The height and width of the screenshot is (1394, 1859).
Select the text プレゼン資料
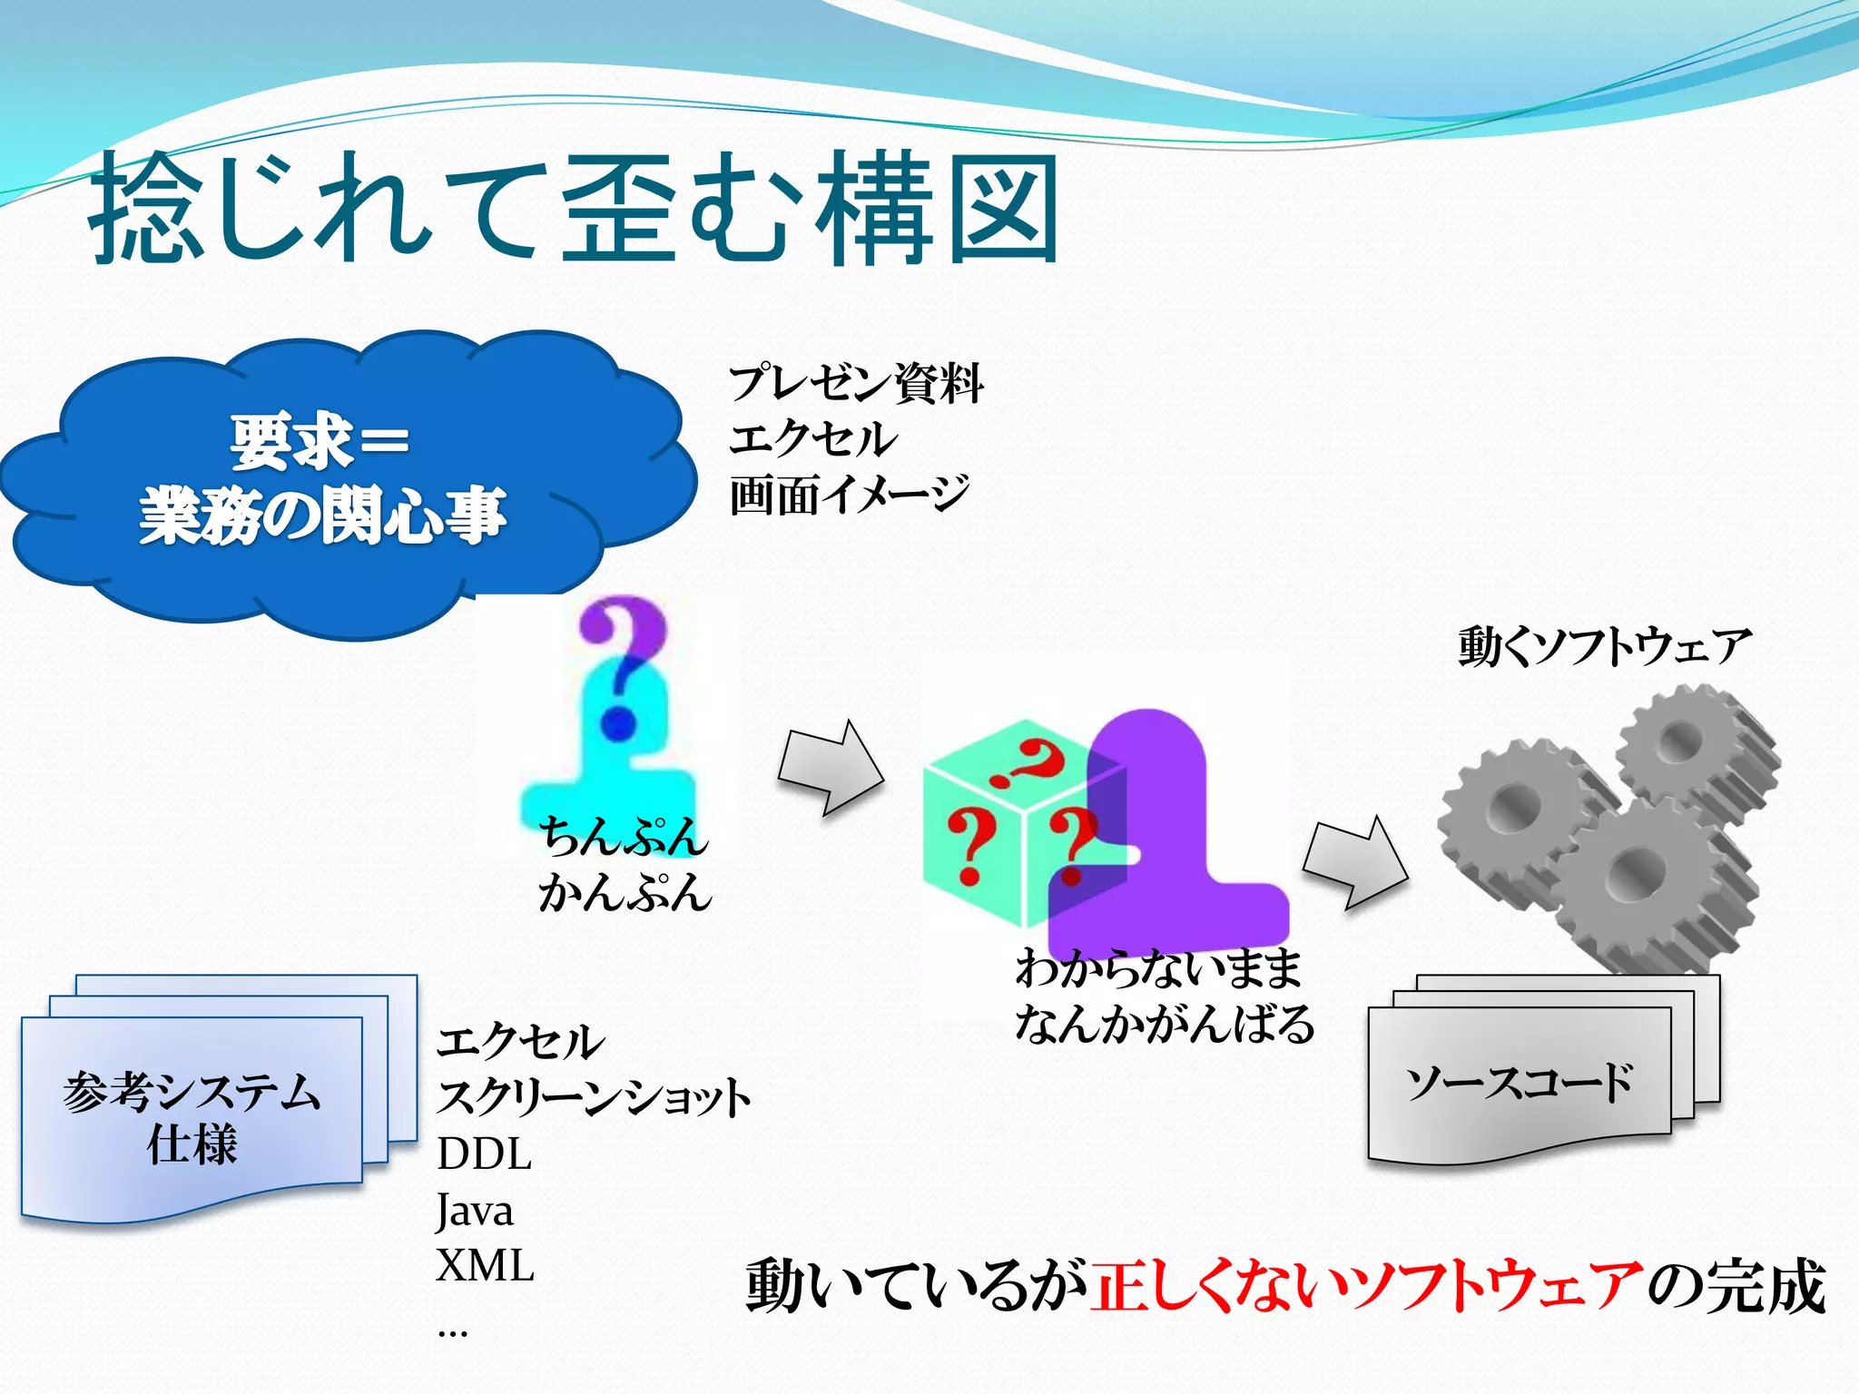click(x=855, y=383)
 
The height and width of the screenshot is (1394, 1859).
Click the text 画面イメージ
click(x=849, y=496)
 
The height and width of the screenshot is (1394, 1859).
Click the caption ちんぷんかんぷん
click(x=624, y=864)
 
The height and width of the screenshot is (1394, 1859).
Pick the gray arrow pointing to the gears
click(x=1355, y=862)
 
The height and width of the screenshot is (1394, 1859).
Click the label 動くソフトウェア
click(x=1604, y=647)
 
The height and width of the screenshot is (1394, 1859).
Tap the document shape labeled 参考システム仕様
click(x=192, y=1116)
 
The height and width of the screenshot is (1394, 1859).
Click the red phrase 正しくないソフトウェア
click(x=1366, y=1287)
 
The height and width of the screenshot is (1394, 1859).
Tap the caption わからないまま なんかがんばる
click(x=1164, y=996)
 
